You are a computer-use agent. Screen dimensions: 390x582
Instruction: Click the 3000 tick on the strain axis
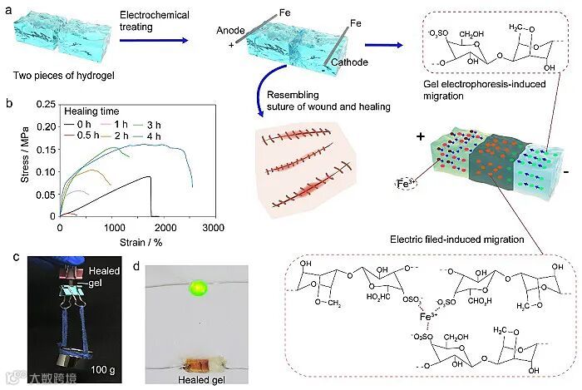point(214,226)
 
